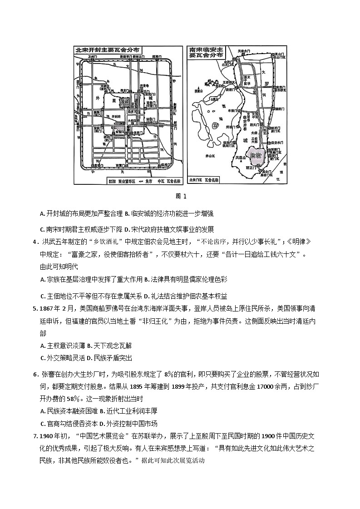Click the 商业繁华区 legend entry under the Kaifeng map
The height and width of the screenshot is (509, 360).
click(x=125, y=180)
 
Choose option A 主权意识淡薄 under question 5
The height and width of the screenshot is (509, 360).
click(x=62, y=346)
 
